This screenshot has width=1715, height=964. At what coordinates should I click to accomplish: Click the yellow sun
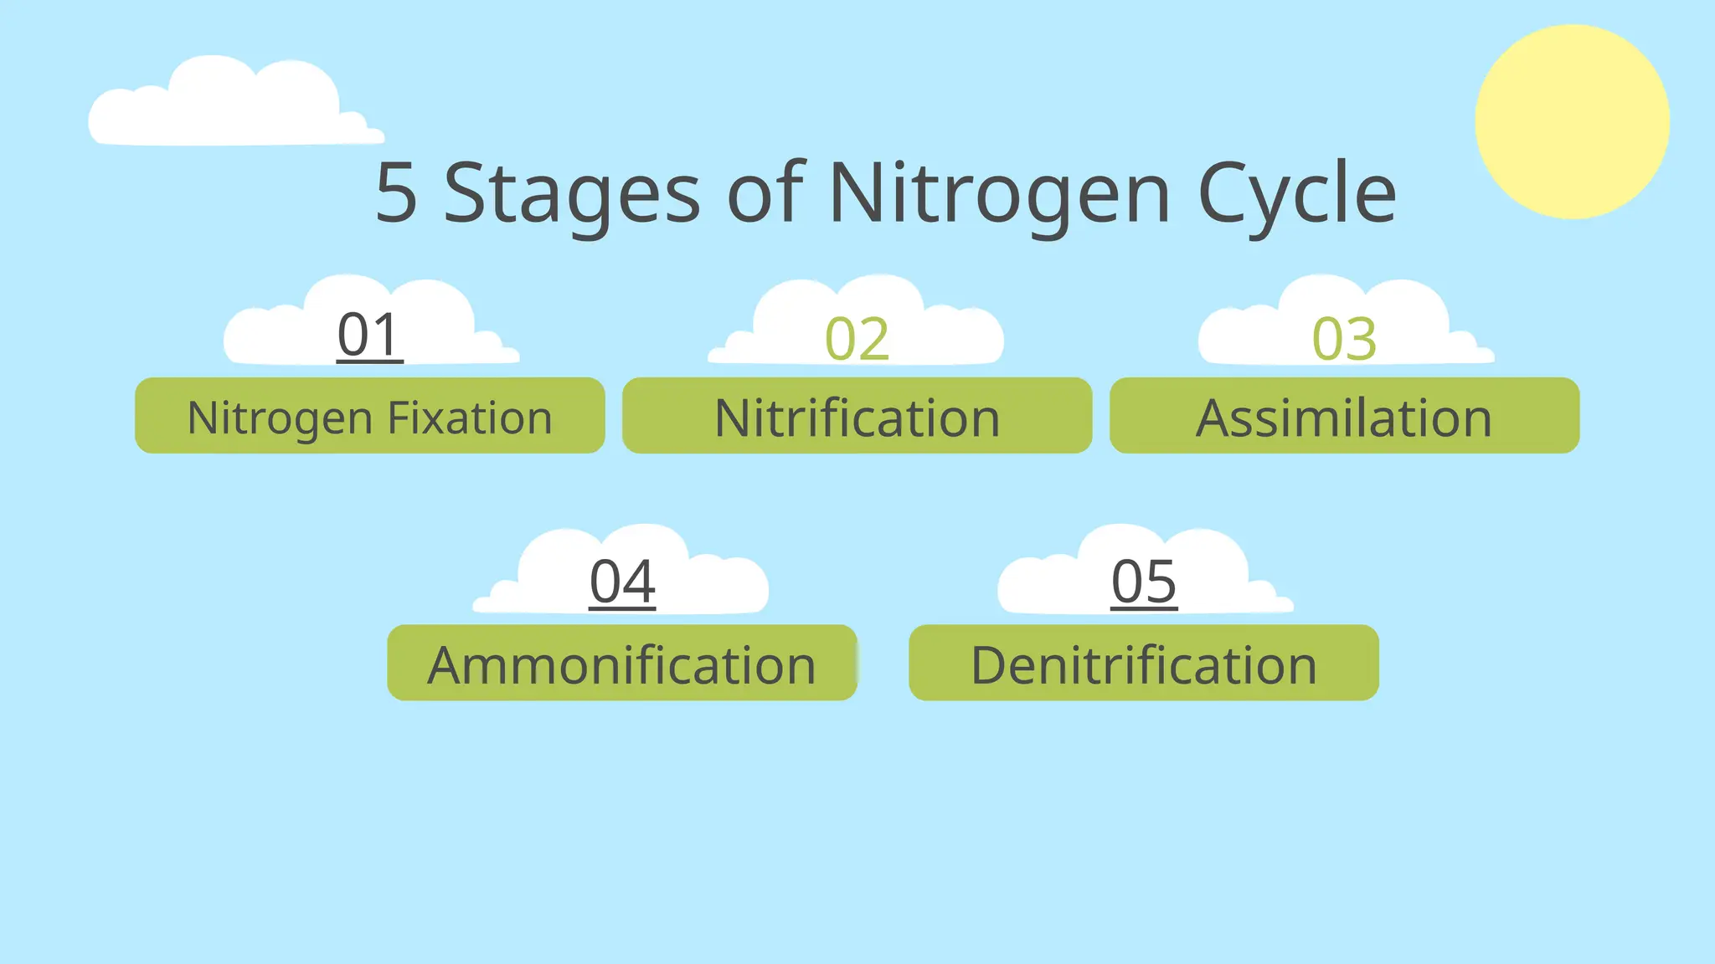coord(1572,122)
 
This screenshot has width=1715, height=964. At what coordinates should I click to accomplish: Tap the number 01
coord(369,335)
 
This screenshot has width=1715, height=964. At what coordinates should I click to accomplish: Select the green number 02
coord(857,339)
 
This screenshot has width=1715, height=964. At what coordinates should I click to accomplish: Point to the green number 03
coord(1344,339)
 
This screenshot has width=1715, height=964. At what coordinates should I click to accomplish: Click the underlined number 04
coord(622,582)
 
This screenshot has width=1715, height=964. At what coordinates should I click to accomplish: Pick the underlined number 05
coord(1144,582)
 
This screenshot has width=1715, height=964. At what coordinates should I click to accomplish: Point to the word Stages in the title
coord(571,194)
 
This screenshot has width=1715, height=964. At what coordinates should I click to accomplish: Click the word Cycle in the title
coord(1297,194)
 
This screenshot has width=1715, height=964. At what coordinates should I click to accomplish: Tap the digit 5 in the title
coord(396,194)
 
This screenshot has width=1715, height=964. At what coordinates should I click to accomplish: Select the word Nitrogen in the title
coord(999,194)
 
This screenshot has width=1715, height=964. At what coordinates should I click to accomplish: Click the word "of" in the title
coord(765,194)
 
